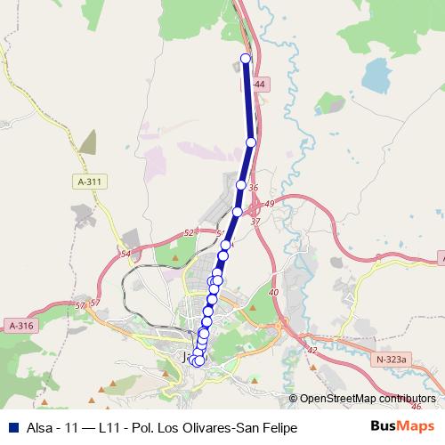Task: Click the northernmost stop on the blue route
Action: coord(247,59)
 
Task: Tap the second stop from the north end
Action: coord(251,142)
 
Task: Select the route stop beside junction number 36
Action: coord(241,184)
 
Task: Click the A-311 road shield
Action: coord(90,182)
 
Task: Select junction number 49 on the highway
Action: coord(270,204)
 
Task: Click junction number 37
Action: coord(255,221)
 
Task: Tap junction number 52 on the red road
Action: coord(188,232)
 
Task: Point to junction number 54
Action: coord(125,254)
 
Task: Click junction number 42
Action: coord(311,351)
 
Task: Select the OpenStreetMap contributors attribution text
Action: coord(367,399)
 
